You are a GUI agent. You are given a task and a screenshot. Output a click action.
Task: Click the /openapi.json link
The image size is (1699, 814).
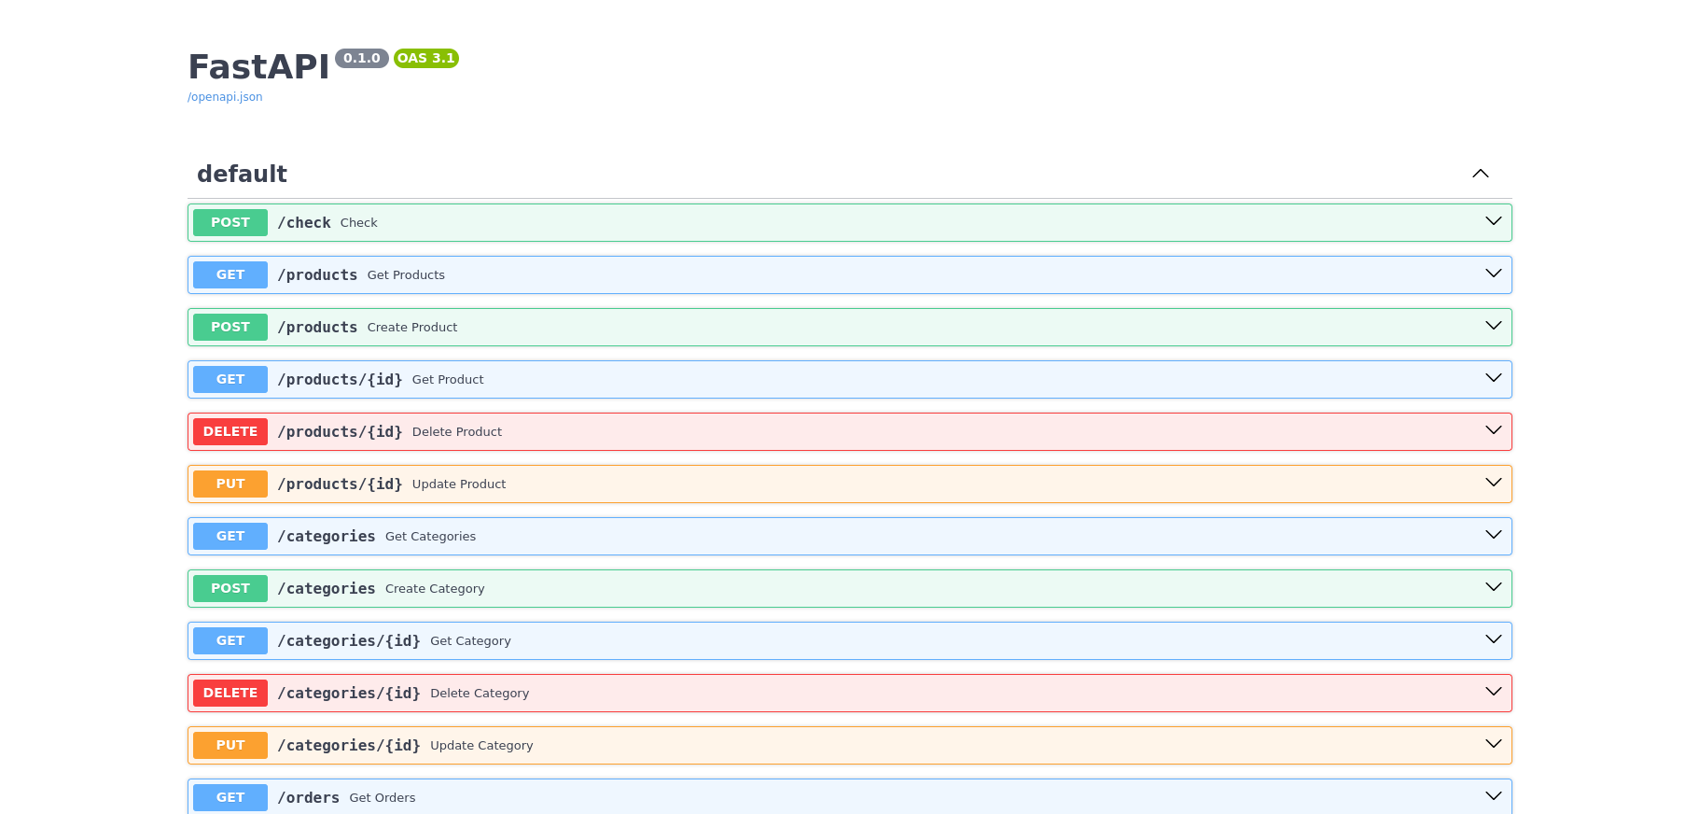point(225,97)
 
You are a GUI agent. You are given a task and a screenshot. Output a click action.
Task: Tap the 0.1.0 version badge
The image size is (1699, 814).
point(362,58)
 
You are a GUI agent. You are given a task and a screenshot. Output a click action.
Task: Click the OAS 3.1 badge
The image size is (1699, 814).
point(426,58)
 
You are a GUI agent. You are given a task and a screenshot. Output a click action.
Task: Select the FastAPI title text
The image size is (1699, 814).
point(258,67)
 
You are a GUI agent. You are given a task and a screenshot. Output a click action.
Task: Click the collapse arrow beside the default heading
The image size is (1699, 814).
point(1481,174)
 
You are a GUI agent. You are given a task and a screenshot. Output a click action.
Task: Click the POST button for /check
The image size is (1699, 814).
point(230,223)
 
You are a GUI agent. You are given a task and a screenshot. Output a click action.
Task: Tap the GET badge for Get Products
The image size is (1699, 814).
point(230,275)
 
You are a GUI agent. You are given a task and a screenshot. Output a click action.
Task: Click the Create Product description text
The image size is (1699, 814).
point(412,328)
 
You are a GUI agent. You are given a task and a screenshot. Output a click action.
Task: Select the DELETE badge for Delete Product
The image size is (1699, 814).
point(230,432)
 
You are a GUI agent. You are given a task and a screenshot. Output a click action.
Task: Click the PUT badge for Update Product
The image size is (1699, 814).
point(230,484)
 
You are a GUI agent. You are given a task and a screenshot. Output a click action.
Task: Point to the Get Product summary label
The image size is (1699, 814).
point(448,380)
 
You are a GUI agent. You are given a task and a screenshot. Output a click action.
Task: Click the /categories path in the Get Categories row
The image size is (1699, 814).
point(327,537)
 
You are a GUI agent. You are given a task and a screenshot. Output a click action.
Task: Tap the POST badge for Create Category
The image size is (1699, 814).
point(230,589)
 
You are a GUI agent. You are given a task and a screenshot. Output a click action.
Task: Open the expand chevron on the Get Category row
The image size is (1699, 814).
point(1494,639)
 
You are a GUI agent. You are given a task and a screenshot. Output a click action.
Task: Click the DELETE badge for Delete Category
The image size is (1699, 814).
point(230,694)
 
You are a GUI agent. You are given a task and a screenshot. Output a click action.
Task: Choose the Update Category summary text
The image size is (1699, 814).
point(481,746)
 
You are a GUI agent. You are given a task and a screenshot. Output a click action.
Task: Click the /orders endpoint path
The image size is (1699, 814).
point(309,798)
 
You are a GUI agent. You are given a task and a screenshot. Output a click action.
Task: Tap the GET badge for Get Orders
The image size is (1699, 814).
point(230,798)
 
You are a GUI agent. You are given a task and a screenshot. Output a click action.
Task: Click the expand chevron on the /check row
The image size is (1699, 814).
point(1494,221)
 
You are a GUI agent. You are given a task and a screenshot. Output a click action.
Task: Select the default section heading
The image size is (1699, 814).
point(242,175)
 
